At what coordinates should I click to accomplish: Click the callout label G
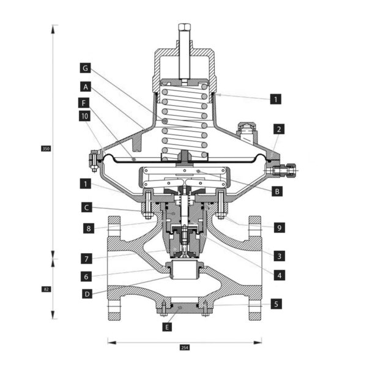click(x=85, y=68)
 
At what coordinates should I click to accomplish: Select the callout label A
click(x=86, y=87)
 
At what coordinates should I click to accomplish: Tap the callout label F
click(x=84, y=103)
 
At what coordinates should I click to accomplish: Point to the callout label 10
click(x=84, y=116)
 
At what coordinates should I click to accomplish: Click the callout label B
click(x=277, y=191)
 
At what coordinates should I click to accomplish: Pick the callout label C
click(x=87, y=207)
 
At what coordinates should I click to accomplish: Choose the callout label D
click(x=87, y=294)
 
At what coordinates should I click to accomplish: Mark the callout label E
click(x=167, y=327)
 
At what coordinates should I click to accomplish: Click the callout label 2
click(x=279, y=129)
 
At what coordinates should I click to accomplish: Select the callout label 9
click(x=280, y=228)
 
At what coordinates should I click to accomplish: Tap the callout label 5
click(x=276, y=304)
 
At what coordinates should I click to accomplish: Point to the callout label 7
click(x=87, y=259)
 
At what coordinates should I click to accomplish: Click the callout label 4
click(x=280, y=275)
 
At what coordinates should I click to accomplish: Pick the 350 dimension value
click(x=46, y=149)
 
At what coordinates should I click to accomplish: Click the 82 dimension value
click(x=46, y=289)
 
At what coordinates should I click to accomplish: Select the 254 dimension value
click(x=185, y=347)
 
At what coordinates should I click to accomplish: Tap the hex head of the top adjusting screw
click(x=185, y=27)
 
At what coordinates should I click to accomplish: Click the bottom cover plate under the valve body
click(x=185, y=309)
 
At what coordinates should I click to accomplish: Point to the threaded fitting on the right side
click(x=283, y=169)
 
